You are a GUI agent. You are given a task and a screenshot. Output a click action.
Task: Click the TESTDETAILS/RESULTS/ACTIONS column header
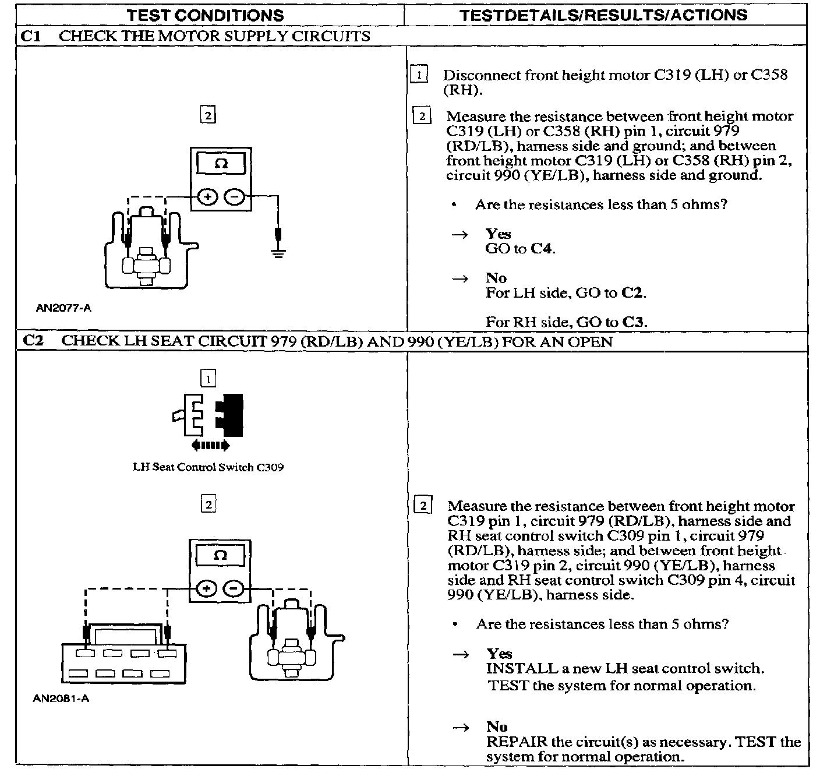click(603, 15)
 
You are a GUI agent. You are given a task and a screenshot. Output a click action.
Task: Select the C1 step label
click(30, 36)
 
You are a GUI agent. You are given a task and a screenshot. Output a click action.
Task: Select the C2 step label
click(33, 341)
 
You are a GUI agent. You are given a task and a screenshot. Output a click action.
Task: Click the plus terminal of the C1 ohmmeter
click(207, 197)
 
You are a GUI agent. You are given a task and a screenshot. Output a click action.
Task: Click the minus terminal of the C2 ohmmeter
click(234, 589)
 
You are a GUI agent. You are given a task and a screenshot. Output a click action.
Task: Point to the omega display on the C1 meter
click(221, 163)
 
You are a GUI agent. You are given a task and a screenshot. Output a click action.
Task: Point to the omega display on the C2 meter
click(220, 555)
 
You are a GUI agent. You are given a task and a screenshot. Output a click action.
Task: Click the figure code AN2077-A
click(63, 308)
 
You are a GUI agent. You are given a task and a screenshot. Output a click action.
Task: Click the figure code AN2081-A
click(61, 699)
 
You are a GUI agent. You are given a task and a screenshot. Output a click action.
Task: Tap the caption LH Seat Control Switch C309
click(208, 467)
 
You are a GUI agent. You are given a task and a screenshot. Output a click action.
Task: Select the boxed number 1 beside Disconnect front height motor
click(419, 75)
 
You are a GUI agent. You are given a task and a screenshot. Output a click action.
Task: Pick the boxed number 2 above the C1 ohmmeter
click(207, 115)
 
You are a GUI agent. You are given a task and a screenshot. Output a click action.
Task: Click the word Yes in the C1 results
click(498, 234)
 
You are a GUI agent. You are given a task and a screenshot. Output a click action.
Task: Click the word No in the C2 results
click(497, 726)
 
